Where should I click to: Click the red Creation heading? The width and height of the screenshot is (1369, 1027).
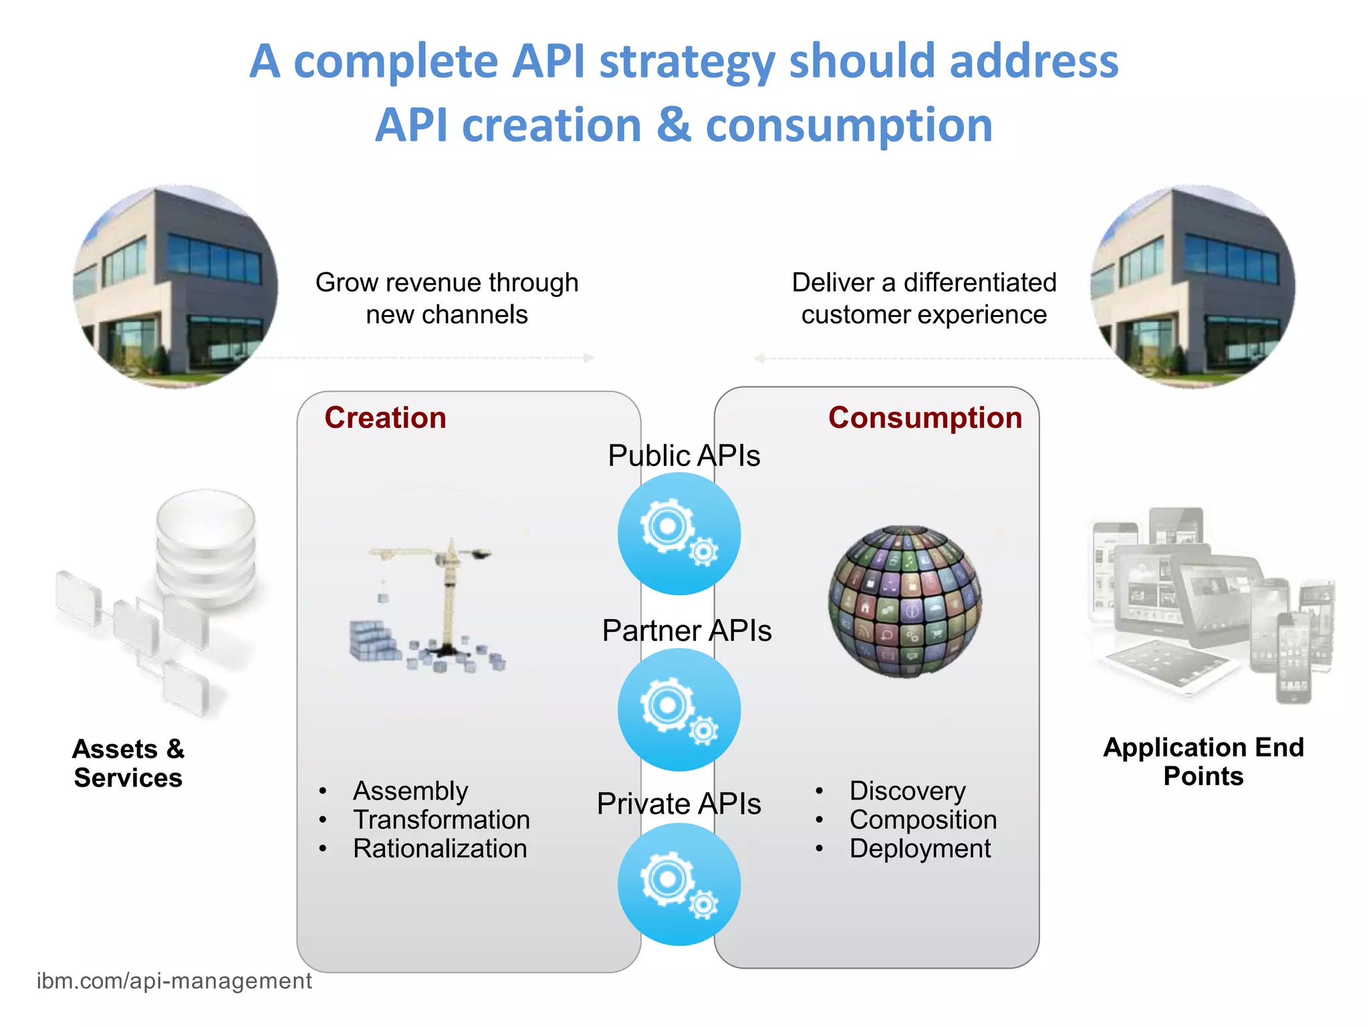(385, 418)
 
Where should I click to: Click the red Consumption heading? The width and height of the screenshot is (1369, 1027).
(924, 418)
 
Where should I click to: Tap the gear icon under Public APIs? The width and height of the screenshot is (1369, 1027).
(678, 534)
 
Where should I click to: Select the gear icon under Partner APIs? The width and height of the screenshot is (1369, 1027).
(678, 709)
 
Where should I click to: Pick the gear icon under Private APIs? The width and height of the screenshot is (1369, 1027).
(678, 884)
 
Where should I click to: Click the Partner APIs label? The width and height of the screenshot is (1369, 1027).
(687, 631)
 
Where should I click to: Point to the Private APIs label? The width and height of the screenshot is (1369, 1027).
(678, 804)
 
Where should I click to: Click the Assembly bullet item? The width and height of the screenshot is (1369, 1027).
(410, 791)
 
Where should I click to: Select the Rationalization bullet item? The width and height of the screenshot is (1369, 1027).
(440, 848)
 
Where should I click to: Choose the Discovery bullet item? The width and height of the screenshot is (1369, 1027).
(907, 791)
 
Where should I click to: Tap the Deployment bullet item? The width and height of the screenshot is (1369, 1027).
(920, 848)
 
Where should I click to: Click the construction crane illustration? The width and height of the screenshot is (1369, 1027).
(431, 605)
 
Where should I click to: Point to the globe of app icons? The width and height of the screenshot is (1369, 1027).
(905, 601)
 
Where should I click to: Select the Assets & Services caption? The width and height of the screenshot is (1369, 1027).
(128, 764)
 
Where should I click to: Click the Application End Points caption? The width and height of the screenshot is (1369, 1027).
(1203, 762)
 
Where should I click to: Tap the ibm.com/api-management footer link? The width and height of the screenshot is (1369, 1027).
(174, 981)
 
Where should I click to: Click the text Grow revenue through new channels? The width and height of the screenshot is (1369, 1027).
(447, 298)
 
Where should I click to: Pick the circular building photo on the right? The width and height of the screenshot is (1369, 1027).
(1193, 287)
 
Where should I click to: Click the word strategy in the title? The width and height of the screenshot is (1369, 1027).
(687, 62)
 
